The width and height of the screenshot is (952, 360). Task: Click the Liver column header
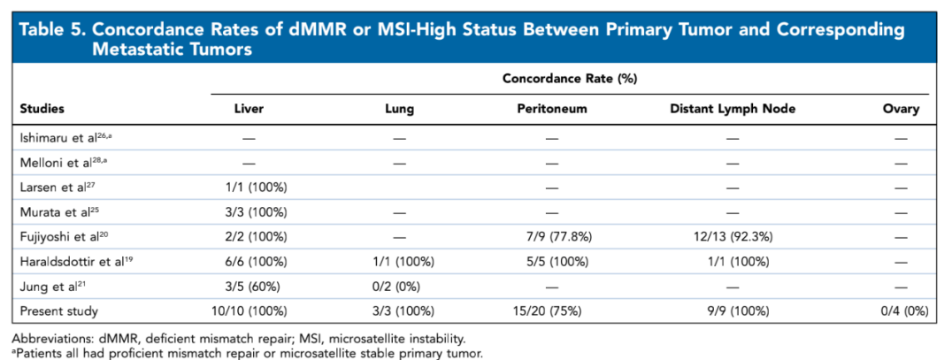[248, 110]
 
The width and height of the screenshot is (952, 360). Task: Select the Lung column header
[399, 110]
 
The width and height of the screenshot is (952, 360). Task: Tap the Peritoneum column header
[552, 110]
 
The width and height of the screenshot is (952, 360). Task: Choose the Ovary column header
[900, 110]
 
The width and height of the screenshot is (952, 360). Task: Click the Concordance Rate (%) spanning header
[570, 78]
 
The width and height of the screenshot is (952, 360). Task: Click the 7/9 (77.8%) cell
[552, 237]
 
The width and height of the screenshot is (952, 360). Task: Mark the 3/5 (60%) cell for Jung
[248, 287]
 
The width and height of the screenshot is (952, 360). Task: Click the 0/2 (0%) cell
[399, 287]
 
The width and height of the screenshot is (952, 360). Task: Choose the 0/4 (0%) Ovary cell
[900, 311]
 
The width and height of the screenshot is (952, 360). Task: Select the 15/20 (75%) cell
[552, 311]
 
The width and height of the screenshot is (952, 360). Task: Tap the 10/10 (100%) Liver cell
[248, 311]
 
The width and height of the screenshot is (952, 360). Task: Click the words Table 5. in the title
[51, 29]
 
